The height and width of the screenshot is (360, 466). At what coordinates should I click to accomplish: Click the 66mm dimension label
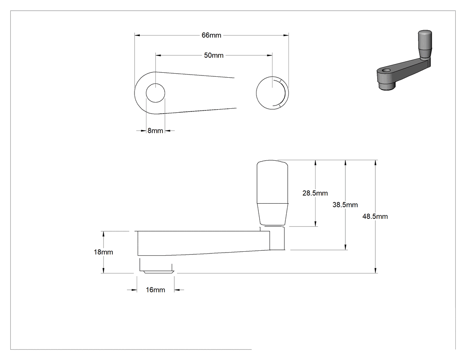pyautogui.click(x=211, y=35)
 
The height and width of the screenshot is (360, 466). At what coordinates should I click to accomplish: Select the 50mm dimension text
pyautogui.click(x=213, y=55)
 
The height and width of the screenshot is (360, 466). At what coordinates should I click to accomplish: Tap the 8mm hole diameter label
pyautogui.click(x=155, y=131)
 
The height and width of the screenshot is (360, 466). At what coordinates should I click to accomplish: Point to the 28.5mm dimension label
pyautogui.click(x=315, y=193)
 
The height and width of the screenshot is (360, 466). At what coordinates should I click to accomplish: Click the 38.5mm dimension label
pyautogui.click(x=345, y=205)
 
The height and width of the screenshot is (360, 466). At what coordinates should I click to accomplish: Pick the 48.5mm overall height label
pyautogui.click(x=375, y=217)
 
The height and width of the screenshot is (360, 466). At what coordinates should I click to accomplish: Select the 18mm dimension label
pyautogui.click(x=103, y=252)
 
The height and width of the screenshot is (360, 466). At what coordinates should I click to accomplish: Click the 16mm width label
pyautogui.click(x=155, y=290)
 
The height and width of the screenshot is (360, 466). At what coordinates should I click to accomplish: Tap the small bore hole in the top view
pyautogui.click(x=155, y=93)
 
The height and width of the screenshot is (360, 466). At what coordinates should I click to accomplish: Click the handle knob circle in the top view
pyautogui.click(x=272, y=93)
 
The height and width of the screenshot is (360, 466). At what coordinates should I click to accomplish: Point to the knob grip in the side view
pyautogui.click(x=272, y=193)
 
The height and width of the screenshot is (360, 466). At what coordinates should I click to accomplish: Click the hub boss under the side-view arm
pyautogui.click(x=156, y=265)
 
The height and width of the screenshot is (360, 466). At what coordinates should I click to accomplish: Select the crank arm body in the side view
pyautogui.click(x=204, y=243)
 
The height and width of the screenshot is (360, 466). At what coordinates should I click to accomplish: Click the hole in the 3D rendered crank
pyautogui.click(x=387, y=71)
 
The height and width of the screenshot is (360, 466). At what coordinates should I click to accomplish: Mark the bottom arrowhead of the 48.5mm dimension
pyautogui.click(x=375, y=270)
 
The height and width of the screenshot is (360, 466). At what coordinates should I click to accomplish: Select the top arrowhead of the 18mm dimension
pyautogui.click(x=103, y=233)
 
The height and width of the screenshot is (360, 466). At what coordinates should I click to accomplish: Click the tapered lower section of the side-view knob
pyautogui.click(x=272, y=214)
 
